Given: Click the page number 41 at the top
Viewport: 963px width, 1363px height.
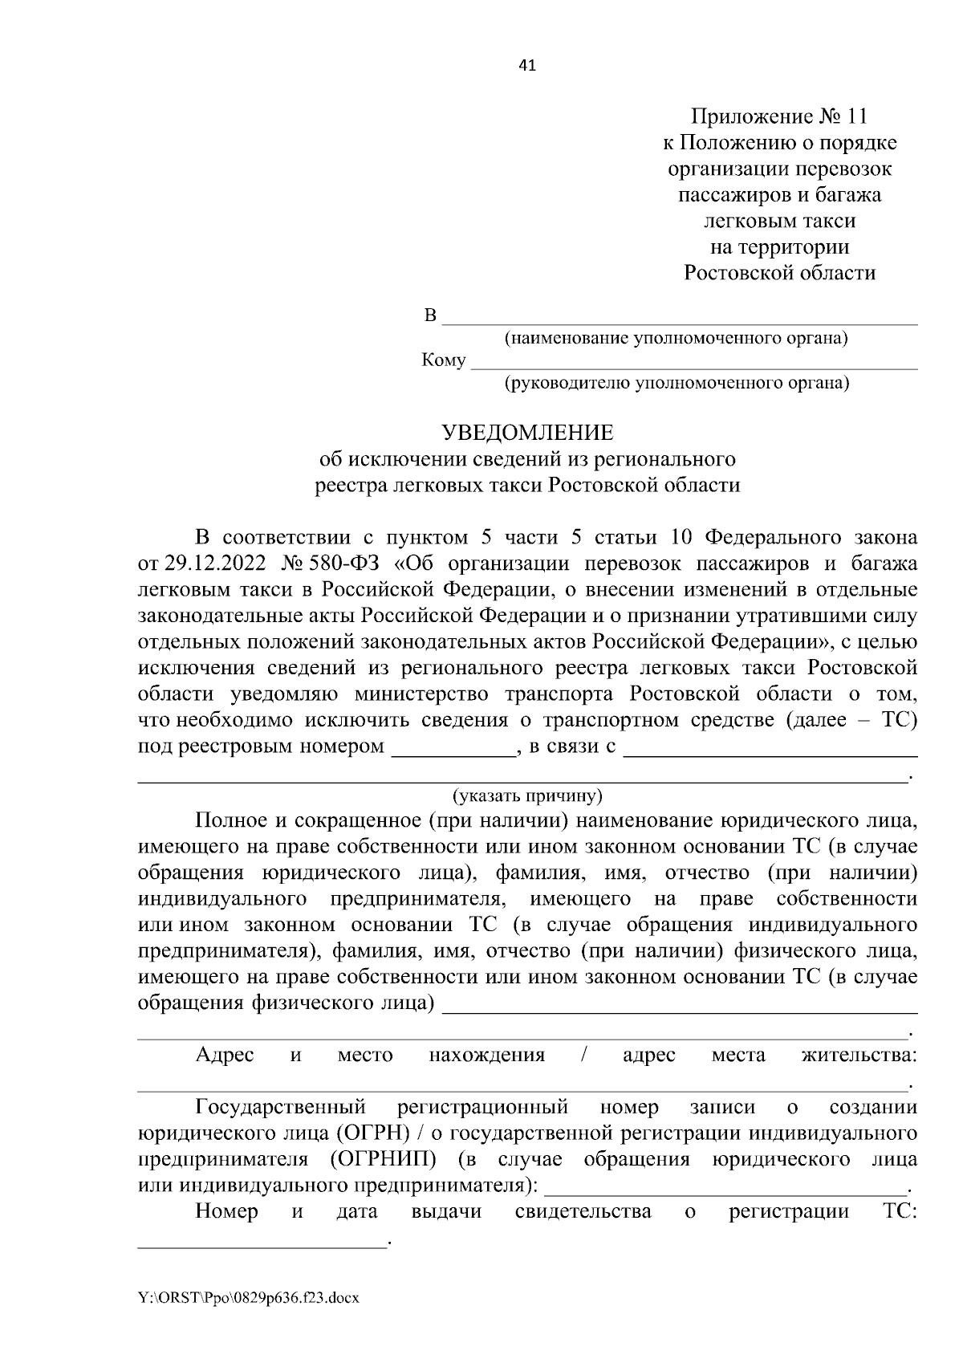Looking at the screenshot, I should click(x=527, y=66).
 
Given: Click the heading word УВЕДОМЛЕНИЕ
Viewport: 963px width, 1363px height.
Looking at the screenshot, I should click(x=527, y=433).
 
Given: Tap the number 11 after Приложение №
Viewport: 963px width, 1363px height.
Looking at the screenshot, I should click(x=856, y=117).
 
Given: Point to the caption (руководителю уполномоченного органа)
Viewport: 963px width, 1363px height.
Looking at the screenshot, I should click(x=676, y=383).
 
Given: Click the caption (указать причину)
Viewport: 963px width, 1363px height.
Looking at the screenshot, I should click(x=527, y=796).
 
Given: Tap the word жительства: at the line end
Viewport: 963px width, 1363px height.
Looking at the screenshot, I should click(x=859, y=1055).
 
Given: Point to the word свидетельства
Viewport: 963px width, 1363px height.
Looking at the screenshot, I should click(x=583, y=1211).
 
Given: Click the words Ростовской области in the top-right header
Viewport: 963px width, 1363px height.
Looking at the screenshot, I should click(x=779, y=273).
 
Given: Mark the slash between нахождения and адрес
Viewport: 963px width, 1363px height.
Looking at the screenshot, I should click(x=583, y=1055).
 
